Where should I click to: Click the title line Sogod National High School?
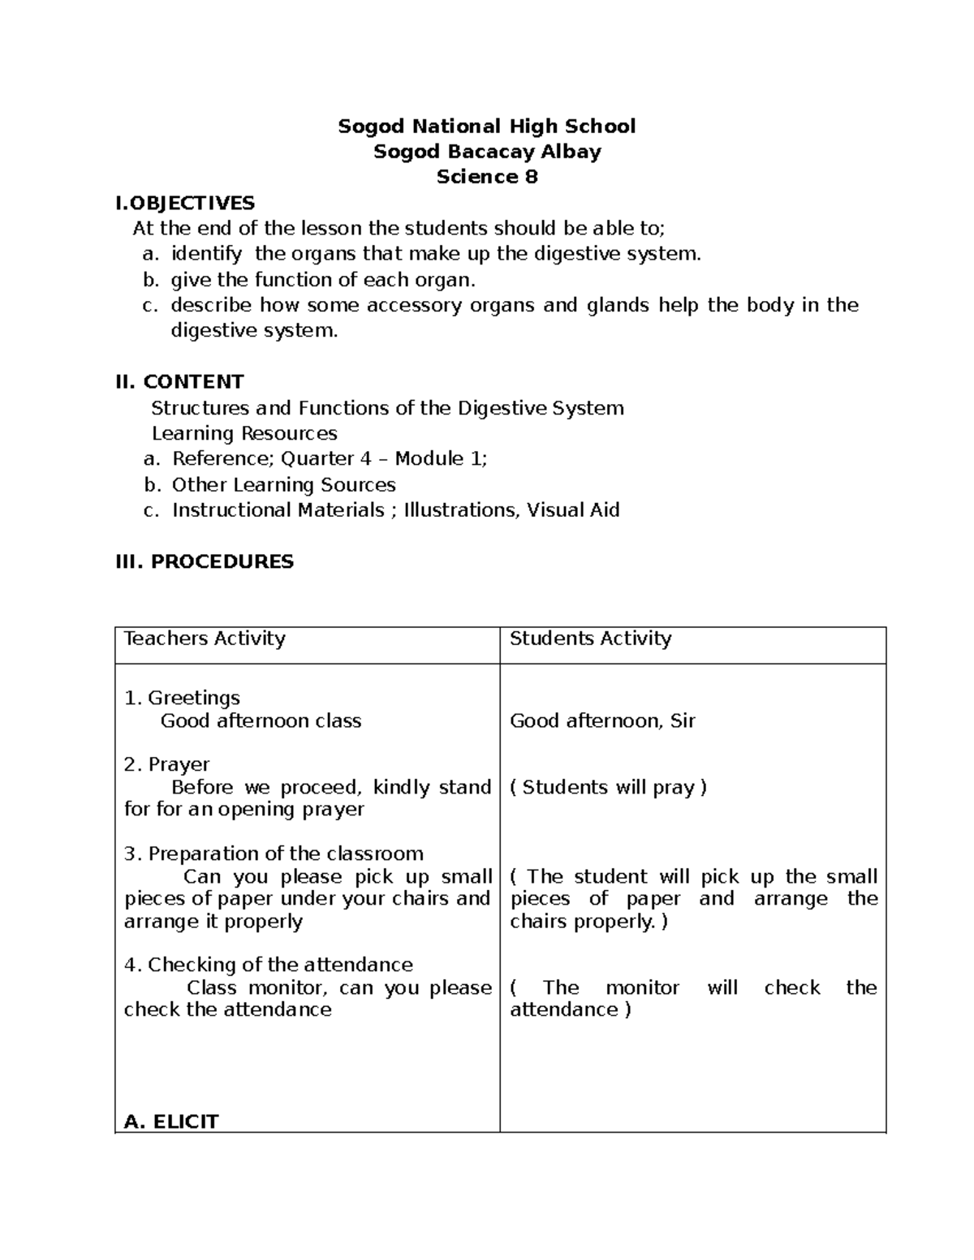pos(486,127)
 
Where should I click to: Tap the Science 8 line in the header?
pos(486,177)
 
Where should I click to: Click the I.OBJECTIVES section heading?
pos(186,203)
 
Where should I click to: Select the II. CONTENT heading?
pos(180,381)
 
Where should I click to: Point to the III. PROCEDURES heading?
pos(205,561)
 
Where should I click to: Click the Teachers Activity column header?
pos(205,639)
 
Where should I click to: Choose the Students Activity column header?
pos(590,639)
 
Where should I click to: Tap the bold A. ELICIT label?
pos(171,1121)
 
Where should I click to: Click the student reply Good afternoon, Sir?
pos(602,720)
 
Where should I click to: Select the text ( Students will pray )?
pos(608,787)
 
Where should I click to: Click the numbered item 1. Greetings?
pos(182,698)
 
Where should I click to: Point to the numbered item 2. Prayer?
pos(167,764)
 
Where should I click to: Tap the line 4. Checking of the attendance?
pos(269,965)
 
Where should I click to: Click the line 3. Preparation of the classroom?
pos(274,854)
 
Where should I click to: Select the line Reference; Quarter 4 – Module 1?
pos(329,458)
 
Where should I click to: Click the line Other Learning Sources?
pos(283,484)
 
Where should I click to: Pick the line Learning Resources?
pos(244,433)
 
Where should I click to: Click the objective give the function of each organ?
pos(322,280)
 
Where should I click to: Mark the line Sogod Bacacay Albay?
pos(486,152)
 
